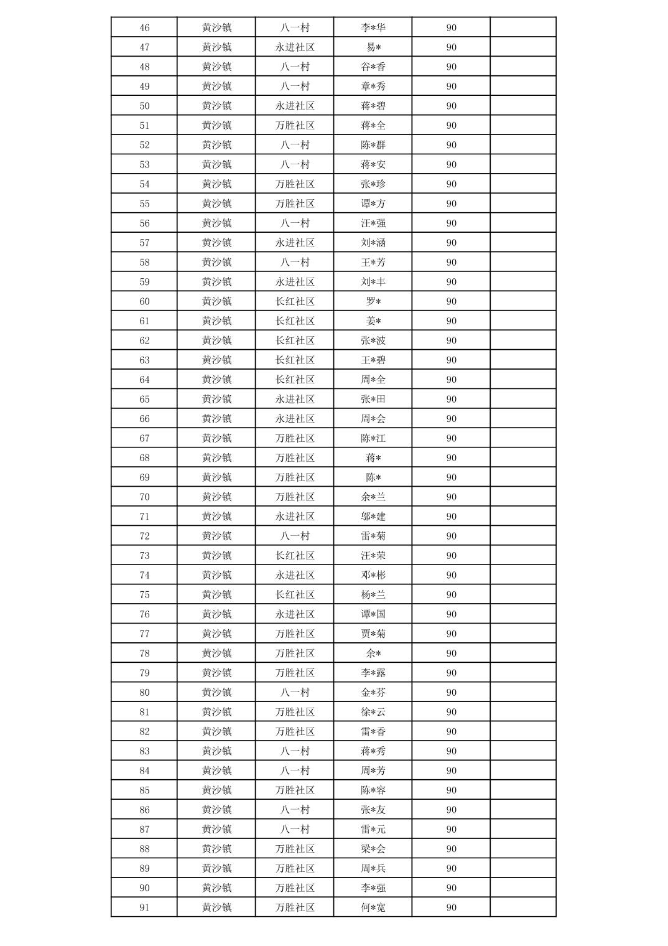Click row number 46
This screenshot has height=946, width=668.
144,28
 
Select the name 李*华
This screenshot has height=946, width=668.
373,28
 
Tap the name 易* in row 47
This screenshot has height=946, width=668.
373,47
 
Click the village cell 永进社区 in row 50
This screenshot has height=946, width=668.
295,106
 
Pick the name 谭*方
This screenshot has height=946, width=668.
373,204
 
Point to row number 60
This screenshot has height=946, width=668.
144,301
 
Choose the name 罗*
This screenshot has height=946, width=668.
373,301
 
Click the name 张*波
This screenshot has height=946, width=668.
373,340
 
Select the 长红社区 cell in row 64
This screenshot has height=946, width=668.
295,380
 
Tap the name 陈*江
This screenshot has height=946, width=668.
373,438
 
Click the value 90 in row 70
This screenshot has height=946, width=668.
451,497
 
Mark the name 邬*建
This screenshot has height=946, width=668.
373,517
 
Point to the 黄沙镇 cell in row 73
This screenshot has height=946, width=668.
216,556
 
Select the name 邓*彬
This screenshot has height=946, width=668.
373,575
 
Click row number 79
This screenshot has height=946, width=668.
144,673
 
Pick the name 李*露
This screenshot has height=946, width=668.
373,673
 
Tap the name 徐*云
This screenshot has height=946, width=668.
373,712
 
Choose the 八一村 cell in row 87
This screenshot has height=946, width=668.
295,829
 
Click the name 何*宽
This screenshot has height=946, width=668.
373,907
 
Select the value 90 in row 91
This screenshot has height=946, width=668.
451,907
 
